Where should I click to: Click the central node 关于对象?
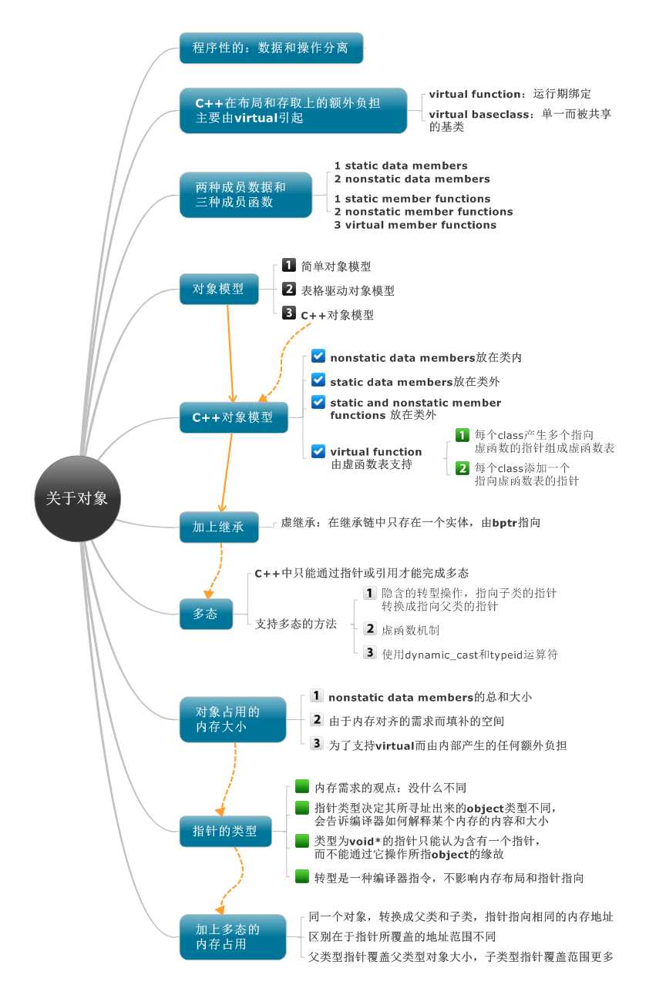[x=77, y=498]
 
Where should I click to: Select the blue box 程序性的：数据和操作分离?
[x=271, y=48]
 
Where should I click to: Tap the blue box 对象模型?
[x=219, y=289]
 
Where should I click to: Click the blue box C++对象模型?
[x=234, y=417]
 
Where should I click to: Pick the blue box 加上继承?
[x=219, y=527]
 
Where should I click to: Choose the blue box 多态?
[x=206, y=614]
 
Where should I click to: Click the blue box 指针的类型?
[x=226, y=831]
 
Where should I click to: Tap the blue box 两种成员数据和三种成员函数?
[x=246, y=195]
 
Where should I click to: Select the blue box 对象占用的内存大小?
[x=233, y=719]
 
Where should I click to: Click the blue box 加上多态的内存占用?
[x=233, y=936]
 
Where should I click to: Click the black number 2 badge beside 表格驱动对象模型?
[x=288, y=289]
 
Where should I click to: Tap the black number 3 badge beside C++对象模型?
[x=288, y=313]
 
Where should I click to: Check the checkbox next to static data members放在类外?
[x=318, y=380]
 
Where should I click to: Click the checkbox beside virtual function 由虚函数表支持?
[x=318, y=451]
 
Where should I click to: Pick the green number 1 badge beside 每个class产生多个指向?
[x=462, y=435]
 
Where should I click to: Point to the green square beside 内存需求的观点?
[x=302, y=786]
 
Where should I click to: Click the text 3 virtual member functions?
[x=415, y=225]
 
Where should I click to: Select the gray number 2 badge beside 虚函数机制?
[x=369, y=628]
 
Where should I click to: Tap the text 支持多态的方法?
[x=296, y=624]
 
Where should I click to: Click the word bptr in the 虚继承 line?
[x=504, y=523]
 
